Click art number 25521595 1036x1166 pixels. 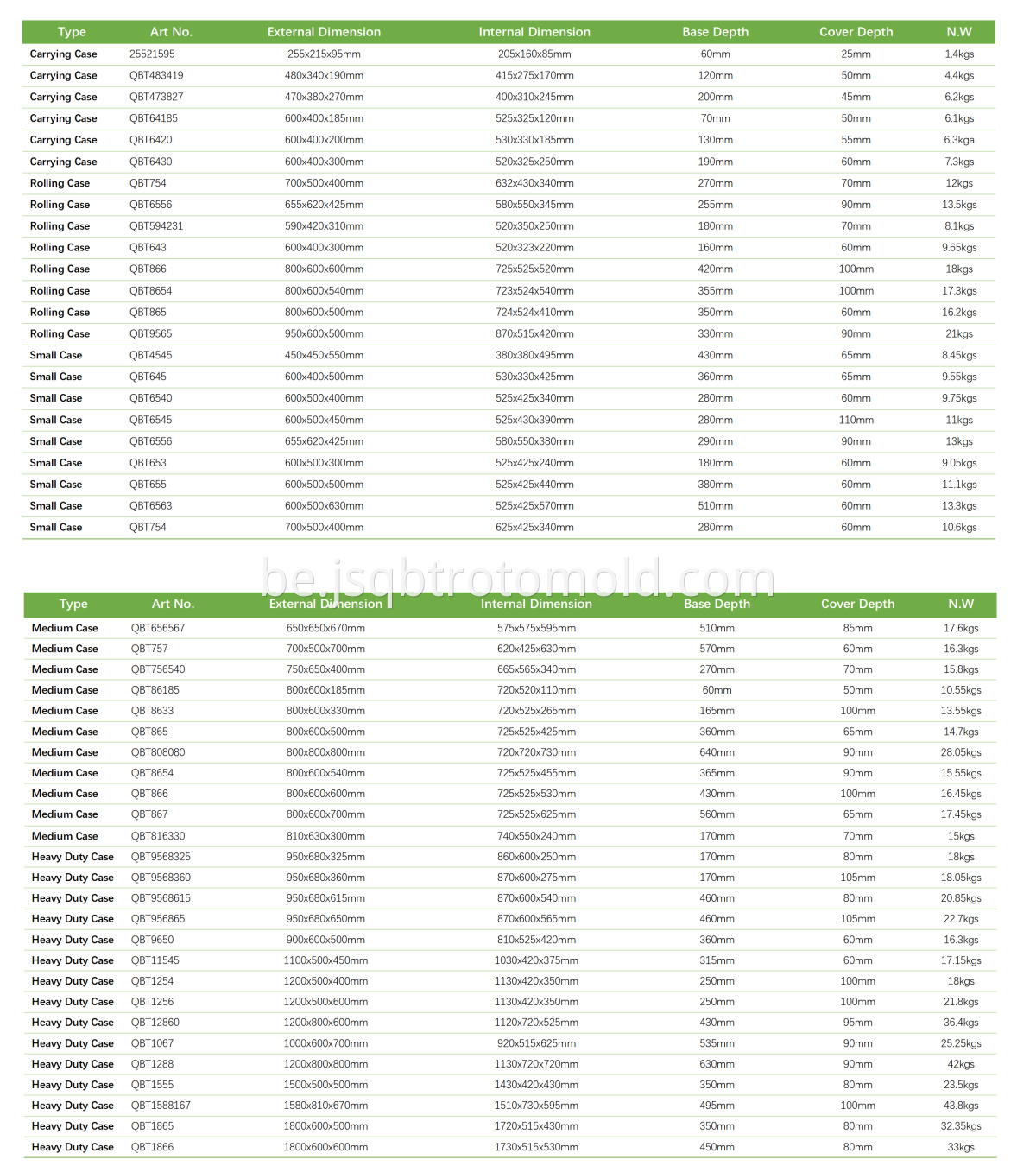[152, 54]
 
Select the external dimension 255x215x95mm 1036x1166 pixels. [324, 54]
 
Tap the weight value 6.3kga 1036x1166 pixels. [959, 140]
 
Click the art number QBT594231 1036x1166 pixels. [156, 226]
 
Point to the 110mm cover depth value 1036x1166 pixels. [856, 420]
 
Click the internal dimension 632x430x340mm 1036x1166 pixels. [534, 183]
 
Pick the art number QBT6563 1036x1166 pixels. [150, 506]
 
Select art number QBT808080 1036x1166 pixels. [158, 752]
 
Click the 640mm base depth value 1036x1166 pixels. [717, 752]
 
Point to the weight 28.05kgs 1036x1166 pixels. [961, 752]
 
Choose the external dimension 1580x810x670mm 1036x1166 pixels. [325, 1106]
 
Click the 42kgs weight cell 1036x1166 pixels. [961, 1064]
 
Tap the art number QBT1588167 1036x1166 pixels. [161, 1106]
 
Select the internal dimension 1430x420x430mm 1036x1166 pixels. [536, 1085]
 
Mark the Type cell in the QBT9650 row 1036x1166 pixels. [73, 940]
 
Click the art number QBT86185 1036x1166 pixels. [155, 690]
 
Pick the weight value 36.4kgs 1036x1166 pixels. [961, 1023]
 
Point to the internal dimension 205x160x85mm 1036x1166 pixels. [534, 54]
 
